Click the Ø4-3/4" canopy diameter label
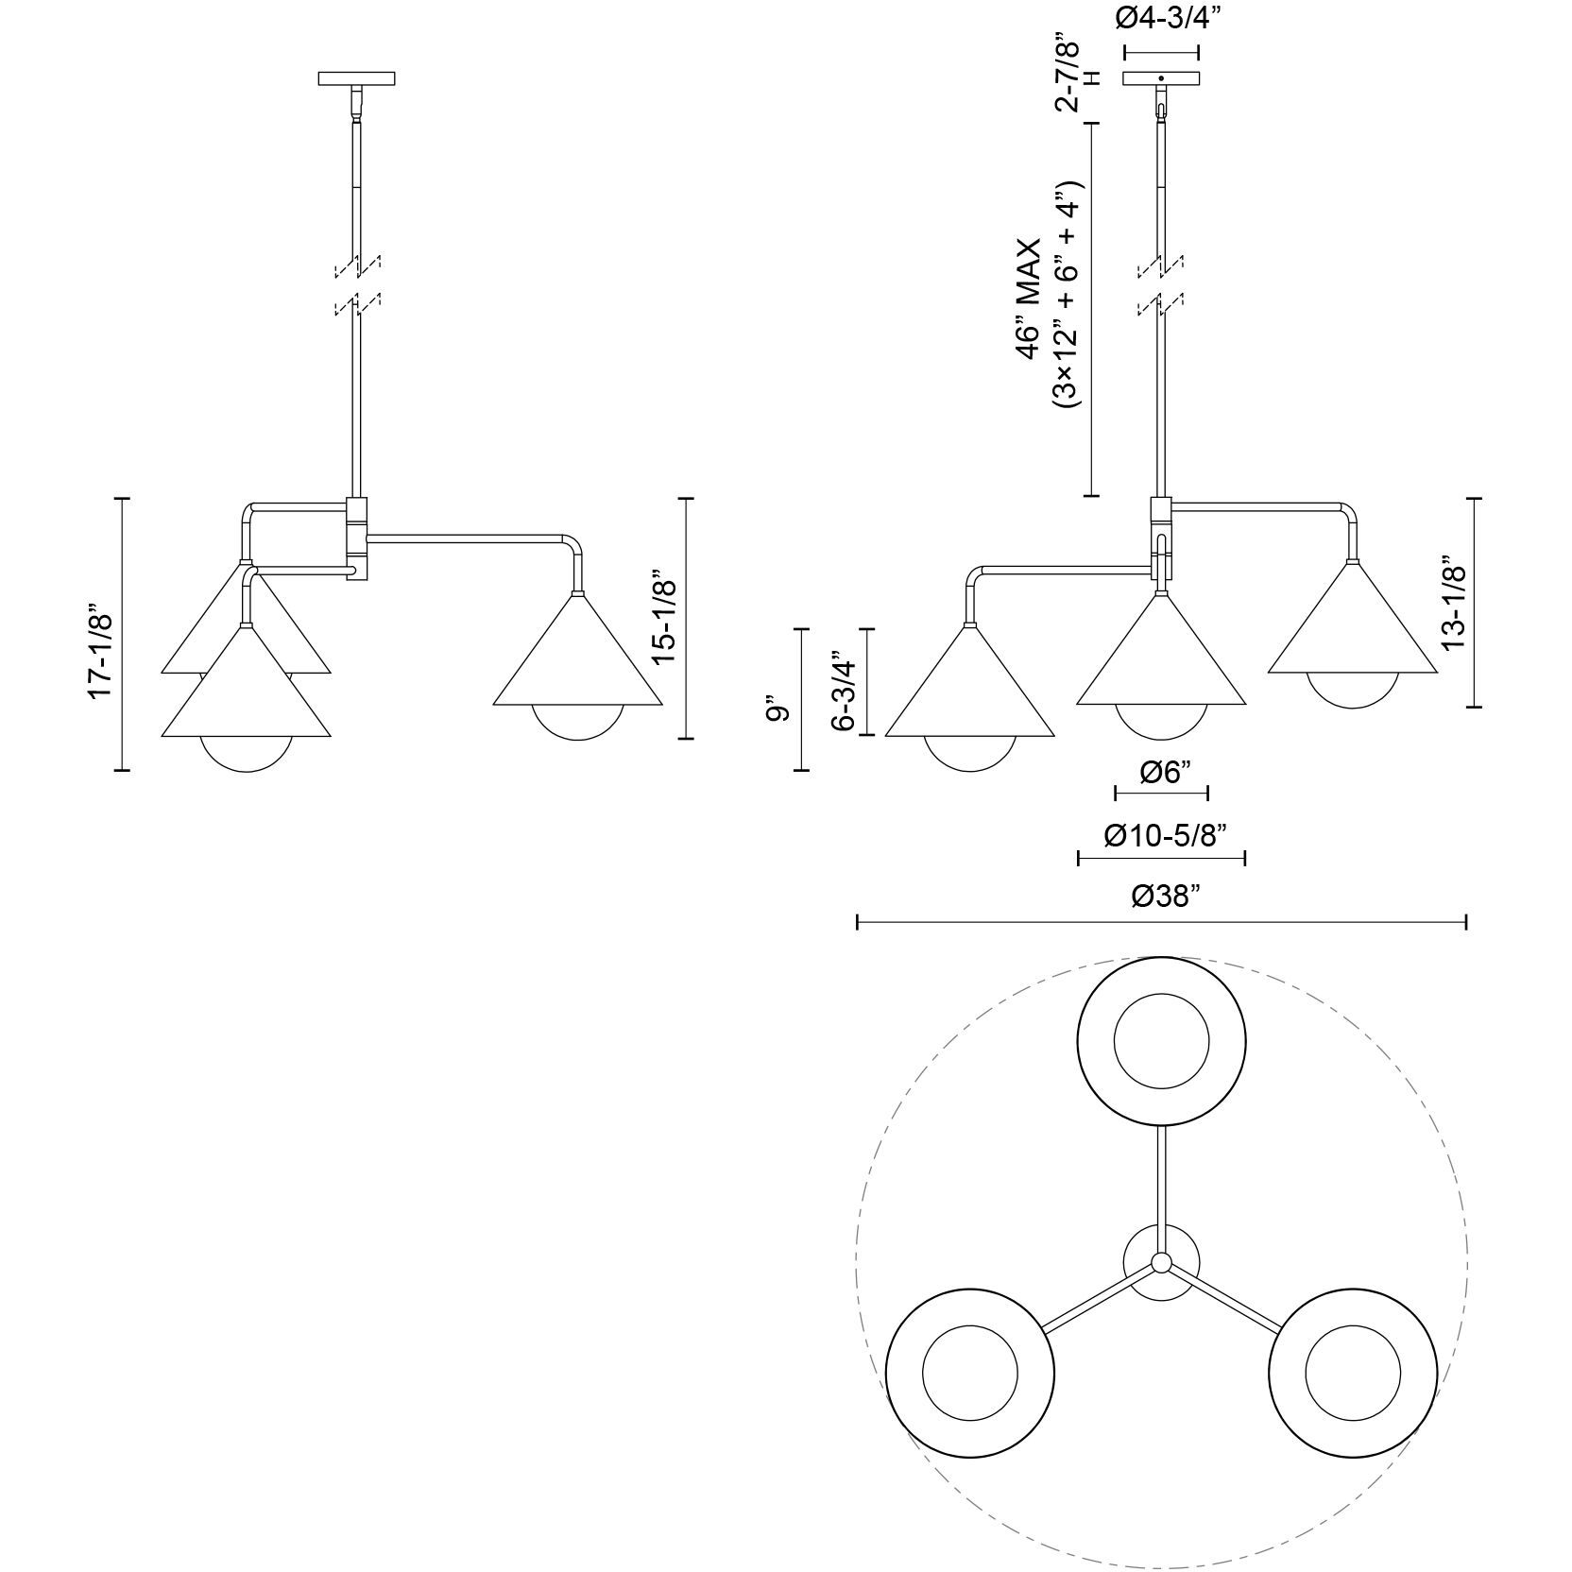coord(1161,19)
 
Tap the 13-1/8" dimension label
coord(1453,607)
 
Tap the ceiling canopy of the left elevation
coord(357,77)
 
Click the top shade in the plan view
coord(1161,1042)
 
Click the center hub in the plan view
coord(1161,1263)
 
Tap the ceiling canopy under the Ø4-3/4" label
coord(1161,77)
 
